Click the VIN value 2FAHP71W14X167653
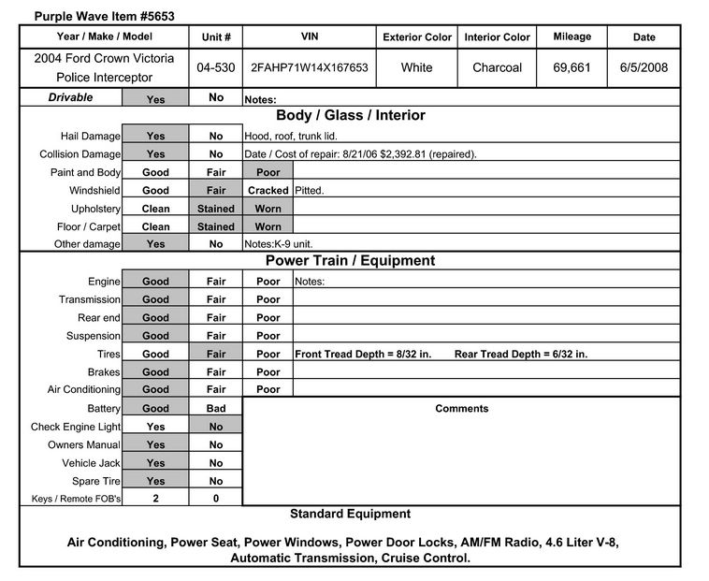[308, 67]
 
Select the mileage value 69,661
[572, 67]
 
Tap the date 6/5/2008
[644, 67]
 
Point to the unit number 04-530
[216, 67]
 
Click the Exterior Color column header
[417, 37]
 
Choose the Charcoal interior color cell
[497, 67]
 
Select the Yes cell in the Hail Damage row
[155, 136]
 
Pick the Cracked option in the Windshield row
[268, 190]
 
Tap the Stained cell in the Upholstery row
[216, 208]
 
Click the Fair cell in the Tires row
[216, 355]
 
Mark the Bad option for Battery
[216, 409]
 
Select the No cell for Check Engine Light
[216, 427]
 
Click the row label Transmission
[90, 299]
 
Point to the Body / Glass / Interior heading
[350, 116]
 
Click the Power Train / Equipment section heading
[350, 261]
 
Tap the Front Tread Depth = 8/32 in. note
[363, 355]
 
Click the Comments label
[461, 409]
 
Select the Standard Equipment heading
[350, 514]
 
